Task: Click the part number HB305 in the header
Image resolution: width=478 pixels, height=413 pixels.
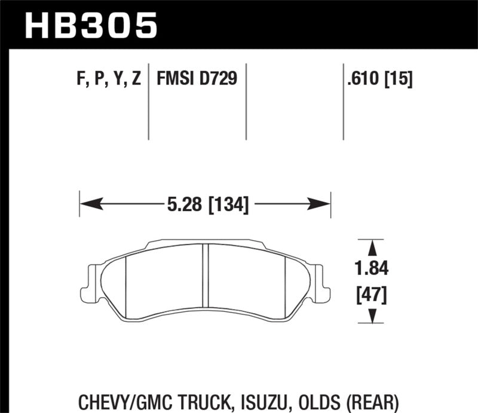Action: (x=90, y=25)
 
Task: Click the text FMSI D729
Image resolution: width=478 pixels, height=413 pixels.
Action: (x=197, y=78)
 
